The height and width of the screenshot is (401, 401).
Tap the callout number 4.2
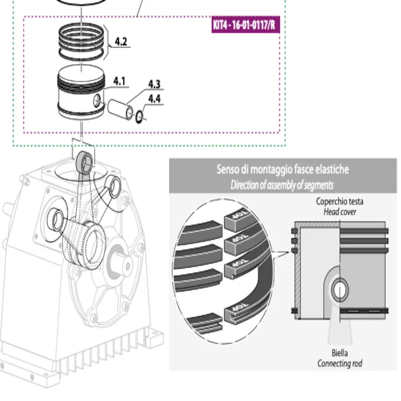coord(121,41)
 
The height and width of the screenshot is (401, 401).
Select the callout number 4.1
coord(120,81)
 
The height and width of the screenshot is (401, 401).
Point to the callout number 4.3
coord(154,84)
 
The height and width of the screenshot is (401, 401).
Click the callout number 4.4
coord(154,98)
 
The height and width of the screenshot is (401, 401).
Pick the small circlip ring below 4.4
coord(139,118)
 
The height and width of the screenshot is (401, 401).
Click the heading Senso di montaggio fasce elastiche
coord(283,170)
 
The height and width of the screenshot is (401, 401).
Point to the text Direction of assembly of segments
coord(282,185)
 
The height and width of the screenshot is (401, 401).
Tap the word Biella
coord(340,353)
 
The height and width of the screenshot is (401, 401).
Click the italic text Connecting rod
coord(340,364)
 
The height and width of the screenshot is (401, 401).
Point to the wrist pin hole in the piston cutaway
coord(340,289)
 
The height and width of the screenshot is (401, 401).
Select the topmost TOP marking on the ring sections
coord(238,217)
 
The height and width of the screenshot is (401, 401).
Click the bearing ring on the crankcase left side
coord(55,219)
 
